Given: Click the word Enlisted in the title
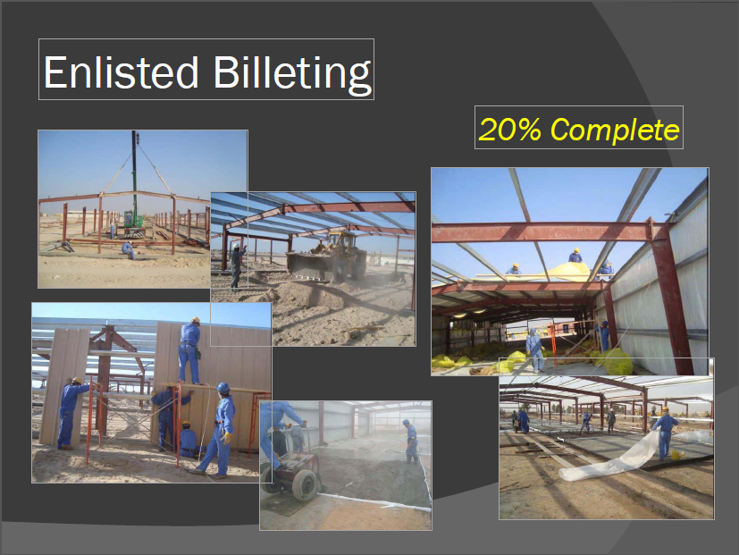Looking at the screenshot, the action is [x=121, y=72].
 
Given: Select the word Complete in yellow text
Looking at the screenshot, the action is [x=615, y=130].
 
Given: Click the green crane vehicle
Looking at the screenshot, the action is [x=134, y=222].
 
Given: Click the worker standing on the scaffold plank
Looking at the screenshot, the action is [x=189, y=350].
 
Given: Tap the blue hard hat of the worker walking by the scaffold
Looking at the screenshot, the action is [x=223, y=388].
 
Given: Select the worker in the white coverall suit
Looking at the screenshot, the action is [x=534, y=349].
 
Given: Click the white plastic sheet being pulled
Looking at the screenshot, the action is [x=613, y=458].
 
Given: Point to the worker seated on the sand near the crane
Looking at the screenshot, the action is [x=128, y=249].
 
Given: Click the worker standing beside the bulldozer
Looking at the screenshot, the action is [x=237, y=265].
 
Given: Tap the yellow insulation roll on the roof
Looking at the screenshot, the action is [x=568, y=271].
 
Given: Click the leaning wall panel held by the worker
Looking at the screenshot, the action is [x=63, y=387].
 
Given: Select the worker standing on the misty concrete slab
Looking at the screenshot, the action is [x=411, y=441].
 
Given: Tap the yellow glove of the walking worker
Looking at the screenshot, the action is [x=227, y=438].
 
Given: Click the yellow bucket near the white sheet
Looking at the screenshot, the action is [x=675, y=455].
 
